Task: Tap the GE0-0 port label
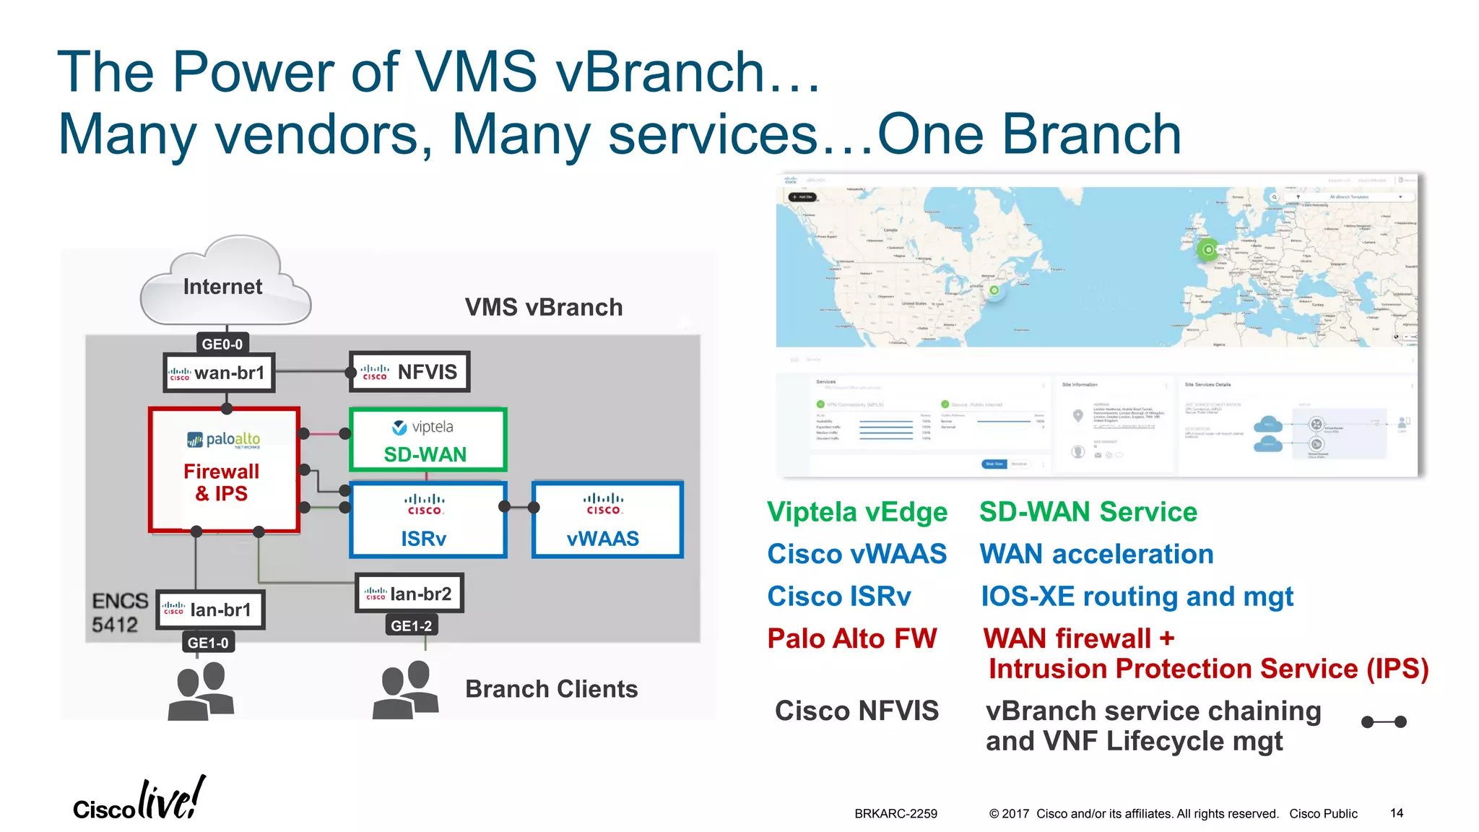222,344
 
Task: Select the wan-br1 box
219,373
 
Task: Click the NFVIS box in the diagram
409,372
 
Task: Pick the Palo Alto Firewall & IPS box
224,470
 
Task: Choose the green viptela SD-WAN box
428,440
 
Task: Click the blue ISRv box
428,520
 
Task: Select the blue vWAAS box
607,520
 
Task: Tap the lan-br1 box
210,610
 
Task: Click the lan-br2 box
409,594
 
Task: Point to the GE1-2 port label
411,625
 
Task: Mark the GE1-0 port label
207,642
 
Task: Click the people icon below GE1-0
201,692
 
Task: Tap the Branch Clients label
551,689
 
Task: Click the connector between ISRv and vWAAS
519,507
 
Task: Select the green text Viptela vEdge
857,512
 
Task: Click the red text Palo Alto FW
851,639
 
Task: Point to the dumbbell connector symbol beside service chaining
1383,721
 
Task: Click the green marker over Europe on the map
1207,250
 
